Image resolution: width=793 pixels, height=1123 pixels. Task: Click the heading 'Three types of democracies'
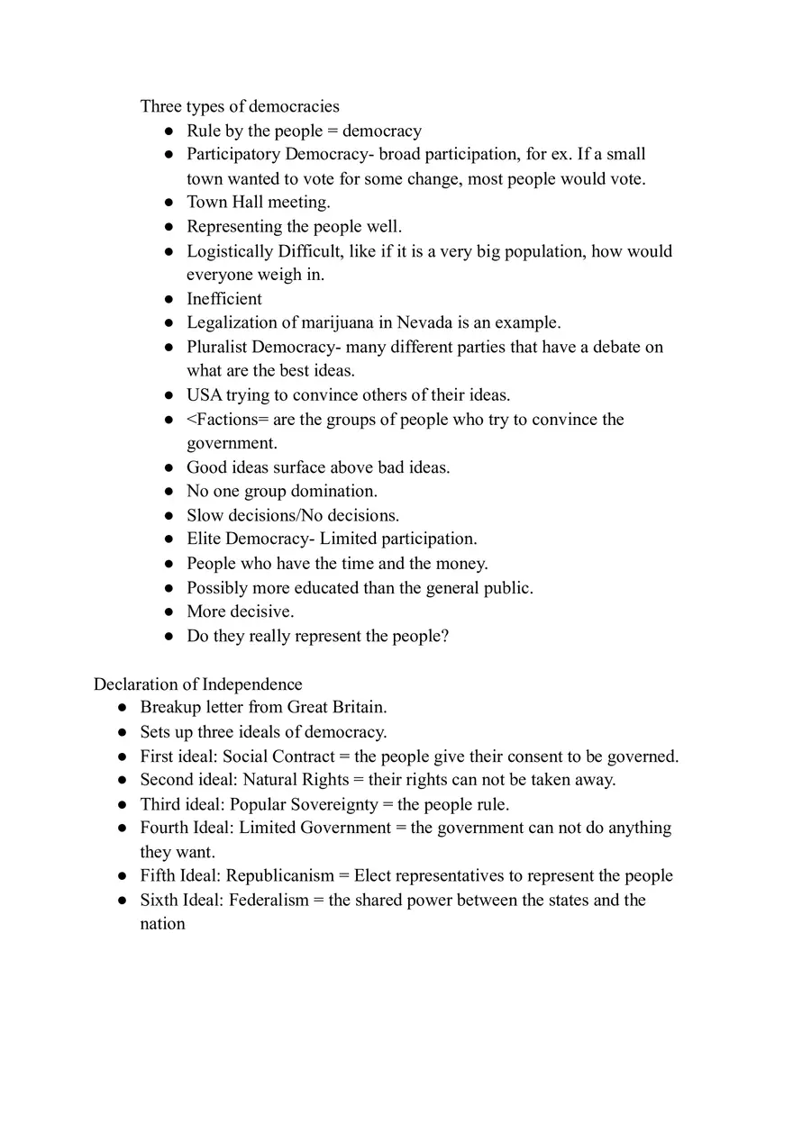[x=240, y=106]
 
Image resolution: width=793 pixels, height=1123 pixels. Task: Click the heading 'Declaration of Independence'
[x=197, y=684]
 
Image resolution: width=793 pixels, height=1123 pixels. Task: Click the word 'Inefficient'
[x=224, y=299]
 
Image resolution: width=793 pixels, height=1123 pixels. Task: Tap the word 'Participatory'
[x=233, y=154]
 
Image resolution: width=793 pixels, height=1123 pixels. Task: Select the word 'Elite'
[x=204, y=539]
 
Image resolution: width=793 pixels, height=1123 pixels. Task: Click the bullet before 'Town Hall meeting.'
[x=169, y=203]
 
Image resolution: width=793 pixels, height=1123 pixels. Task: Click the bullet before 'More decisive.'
[x=169, y=612]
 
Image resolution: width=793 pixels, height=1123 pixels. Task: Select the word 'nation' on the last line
[x=162, y=924]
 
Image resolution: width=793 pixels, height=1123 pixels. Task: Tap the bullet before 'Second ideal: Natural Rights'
[x=122, y=781]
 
